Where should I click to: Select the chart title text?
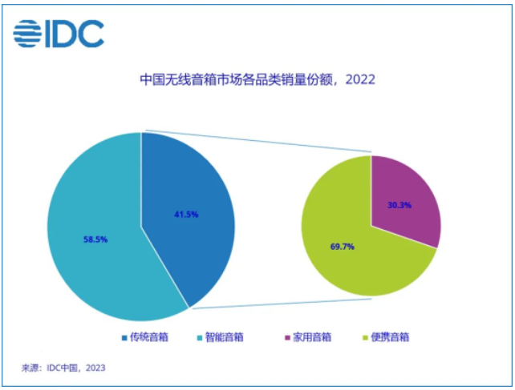tap(257, 80)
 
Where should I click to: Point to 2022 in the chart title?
tap(359, 80)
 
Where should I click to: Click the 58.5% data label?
tap(95, 238)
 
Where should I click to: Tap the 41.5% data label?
tap(185, 214)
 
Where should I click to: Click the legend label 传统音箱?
tap(150, 337)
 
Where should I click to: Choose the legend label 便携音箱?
tap(391, 337)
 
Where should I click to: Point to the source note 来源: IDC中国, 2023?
tap(63, 368)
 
